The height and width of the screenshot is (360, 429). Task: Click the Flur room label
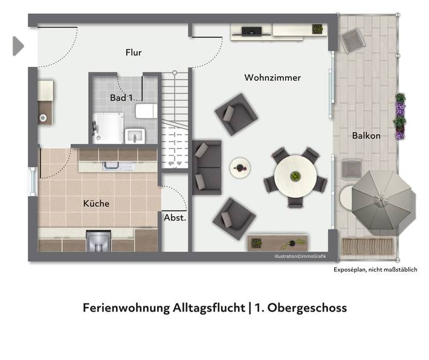click(134, 53)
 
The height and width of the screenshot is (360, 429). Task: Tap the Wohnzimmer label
click(273, 78)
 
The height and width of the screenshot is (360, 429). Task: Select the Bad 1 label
click(121, 97)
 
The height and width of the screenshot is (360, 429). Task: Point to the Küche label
click(96, 204)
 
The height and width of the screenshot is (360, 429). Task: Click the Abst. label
click(175, 218)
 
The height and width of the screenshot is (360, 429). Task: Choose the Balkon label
click(366, 136)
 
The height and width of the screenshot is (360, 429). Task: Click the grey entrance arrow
click(18, 46)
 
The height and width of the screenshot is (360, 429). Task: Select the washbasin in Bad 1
click(134, 135)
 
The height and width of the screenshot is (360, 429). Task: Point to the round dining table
click(295, 176)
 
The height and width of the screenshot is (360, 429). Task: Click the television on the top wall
click(251, 30)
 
